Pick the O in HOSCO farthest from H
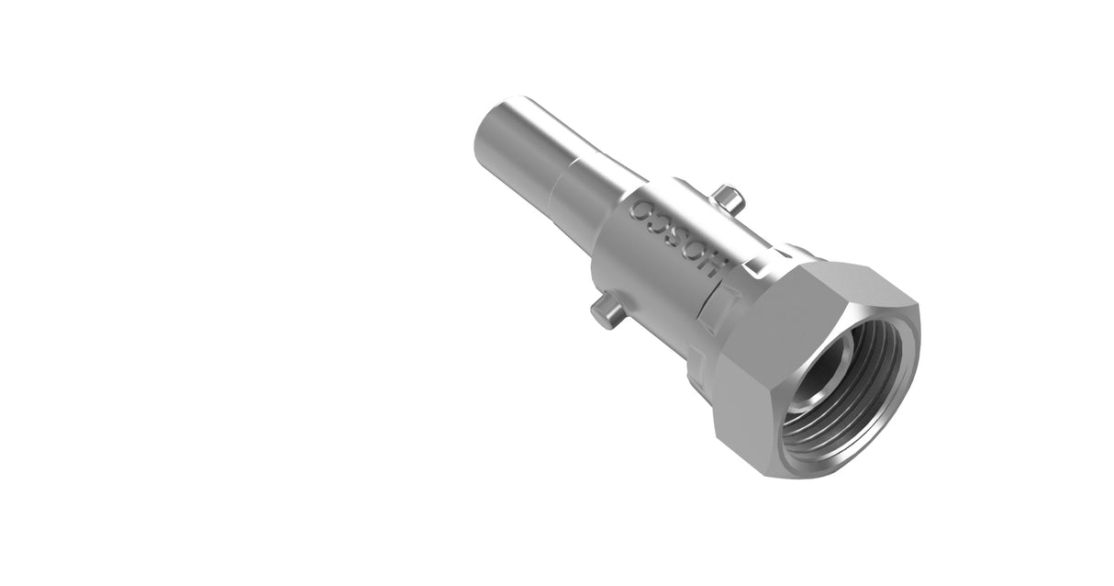[x=643, y=207]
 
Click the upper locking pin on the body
[x=727, y=198]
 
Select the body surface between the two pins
[x=642, y=266]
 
